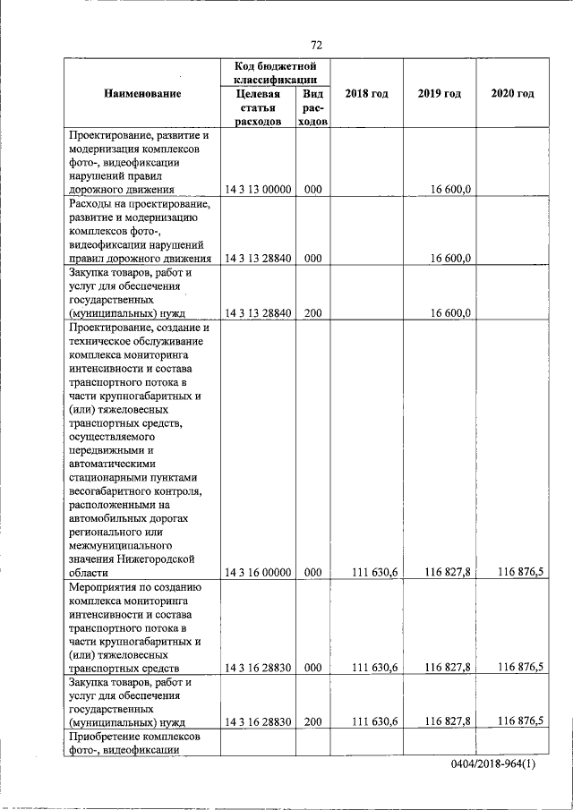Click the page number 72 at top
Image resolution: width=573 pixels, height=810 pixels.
coord(316,45)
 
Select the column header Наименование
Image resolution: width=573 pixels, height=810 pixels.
coord(142,94)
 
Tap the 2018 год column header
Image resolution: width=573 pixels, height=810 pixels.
coord(366,94)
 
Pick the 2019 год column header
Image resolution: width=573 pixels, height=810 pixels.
coord(439,94)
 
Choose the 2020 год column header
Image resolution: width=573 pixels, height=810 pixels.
coord(513,94)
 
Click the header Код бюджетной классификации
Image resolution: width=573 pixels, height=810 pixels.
coord(276,73)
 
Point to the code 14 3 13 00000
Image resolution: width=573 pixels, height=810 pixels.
coord(259,189)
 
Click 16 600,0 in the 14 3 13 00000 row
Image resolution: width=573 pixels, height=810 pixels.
coord(451,189)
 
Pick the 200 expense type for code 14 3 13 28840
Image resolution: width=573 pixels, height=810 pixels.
coord(312,312)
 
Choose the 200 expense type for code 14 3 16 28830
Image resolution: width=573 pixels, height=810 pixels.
coord(312,721)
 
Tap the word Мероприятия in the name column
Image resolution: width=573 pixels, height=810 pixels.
coord(107,587)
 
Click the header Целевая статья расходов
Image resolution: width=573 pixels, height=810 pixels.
coord(258,107)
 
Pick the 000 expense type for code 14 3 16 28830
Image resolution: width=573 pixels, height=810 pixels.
coord(312,668)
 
